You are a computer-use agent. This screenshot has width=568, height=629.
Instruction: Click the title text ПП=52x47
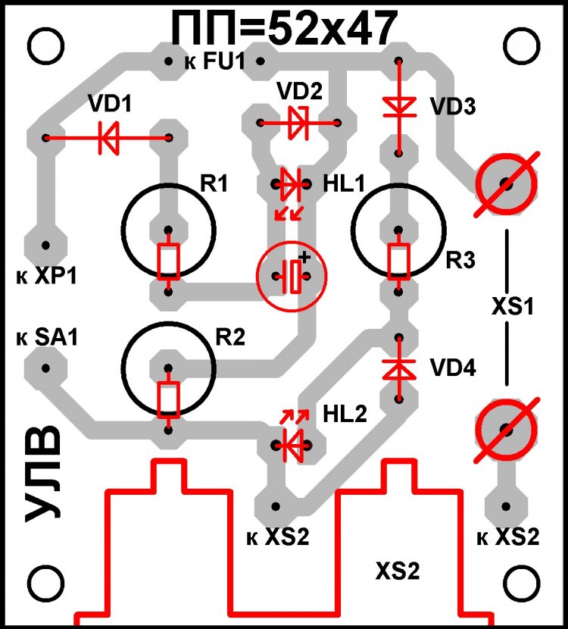pyautogui.click(x=283, y=30)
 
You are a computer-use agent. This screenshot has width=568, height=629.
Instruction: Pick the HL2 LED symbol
pyautogui.click(x=292, y=443)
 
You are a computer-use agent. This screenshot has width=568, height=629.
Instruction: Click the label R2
pyautogui.click(x=230, y=338)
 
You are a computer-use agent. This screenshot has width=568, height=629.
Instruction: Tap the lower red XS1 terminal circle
pyautogui.click(x=506, y=428)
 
